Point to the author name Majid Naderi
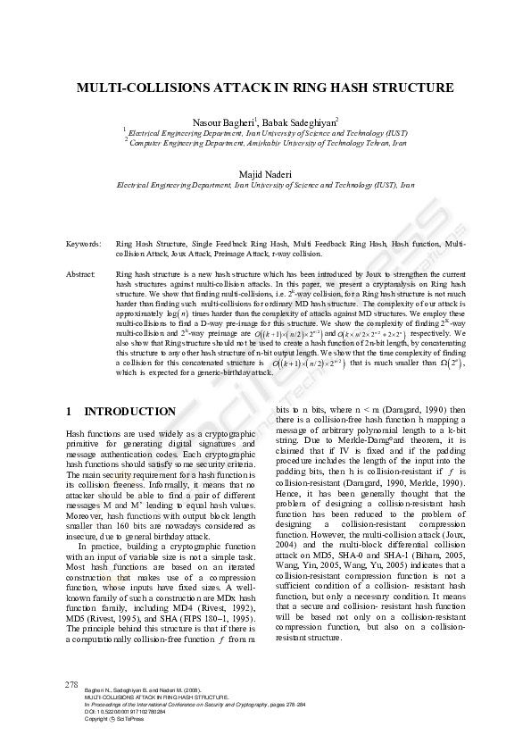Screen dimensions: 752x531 (x=265, y=173)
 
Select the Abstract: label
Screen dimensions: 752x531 (x=81, y=274)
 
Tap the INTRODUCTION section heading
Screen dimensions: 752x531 (x=129, y=412)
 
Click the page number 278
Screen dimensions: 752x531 (x=73, y=685)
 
